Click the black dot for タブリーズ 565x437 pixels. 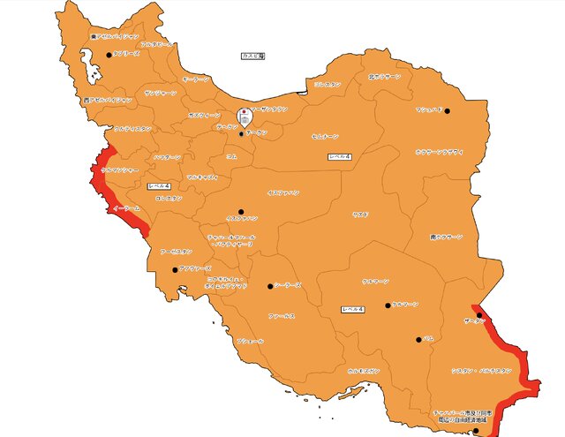(109, 55)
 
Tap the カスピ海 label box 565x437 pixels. (253, 56)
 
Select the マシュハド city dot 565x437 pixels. (447, 110)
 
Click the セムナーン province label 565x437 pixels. (325, 137)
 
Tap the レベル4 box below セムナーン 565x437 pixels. (339, 156)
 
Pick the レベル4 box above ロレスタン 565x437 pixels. (159, 186)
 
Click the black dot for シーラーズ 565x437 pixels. (270, 285)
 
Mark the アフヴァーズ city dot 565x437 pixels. (175, 269)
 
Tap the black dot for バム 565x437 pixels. (418, 339)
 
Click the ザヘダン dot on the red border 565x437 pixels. (479, 315)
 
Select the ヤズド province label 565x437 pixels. (360, 215)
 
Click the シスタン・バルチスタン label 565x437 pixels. (481, 370)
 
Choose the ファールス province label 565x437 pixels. (282, 315)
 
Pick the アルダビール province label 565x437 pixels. (156, 43)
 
